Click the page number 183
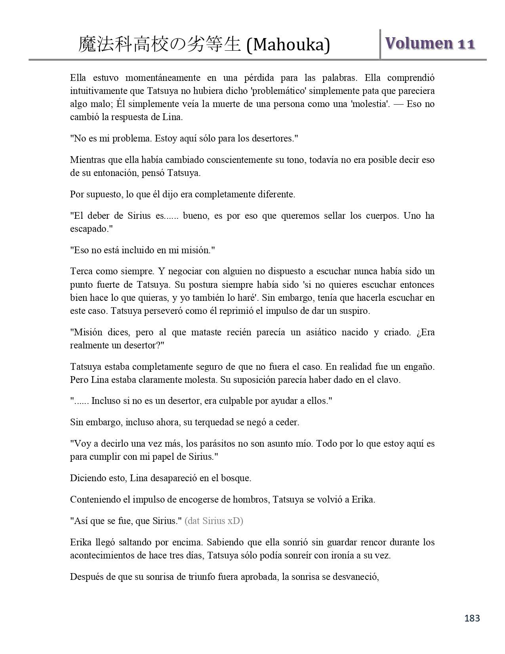(472, 618)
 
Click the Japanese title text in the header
(160, 44)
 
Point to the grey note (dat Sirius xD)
(214, 520)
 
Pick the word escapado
(90, 229)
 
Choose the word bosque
(236, 478)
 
